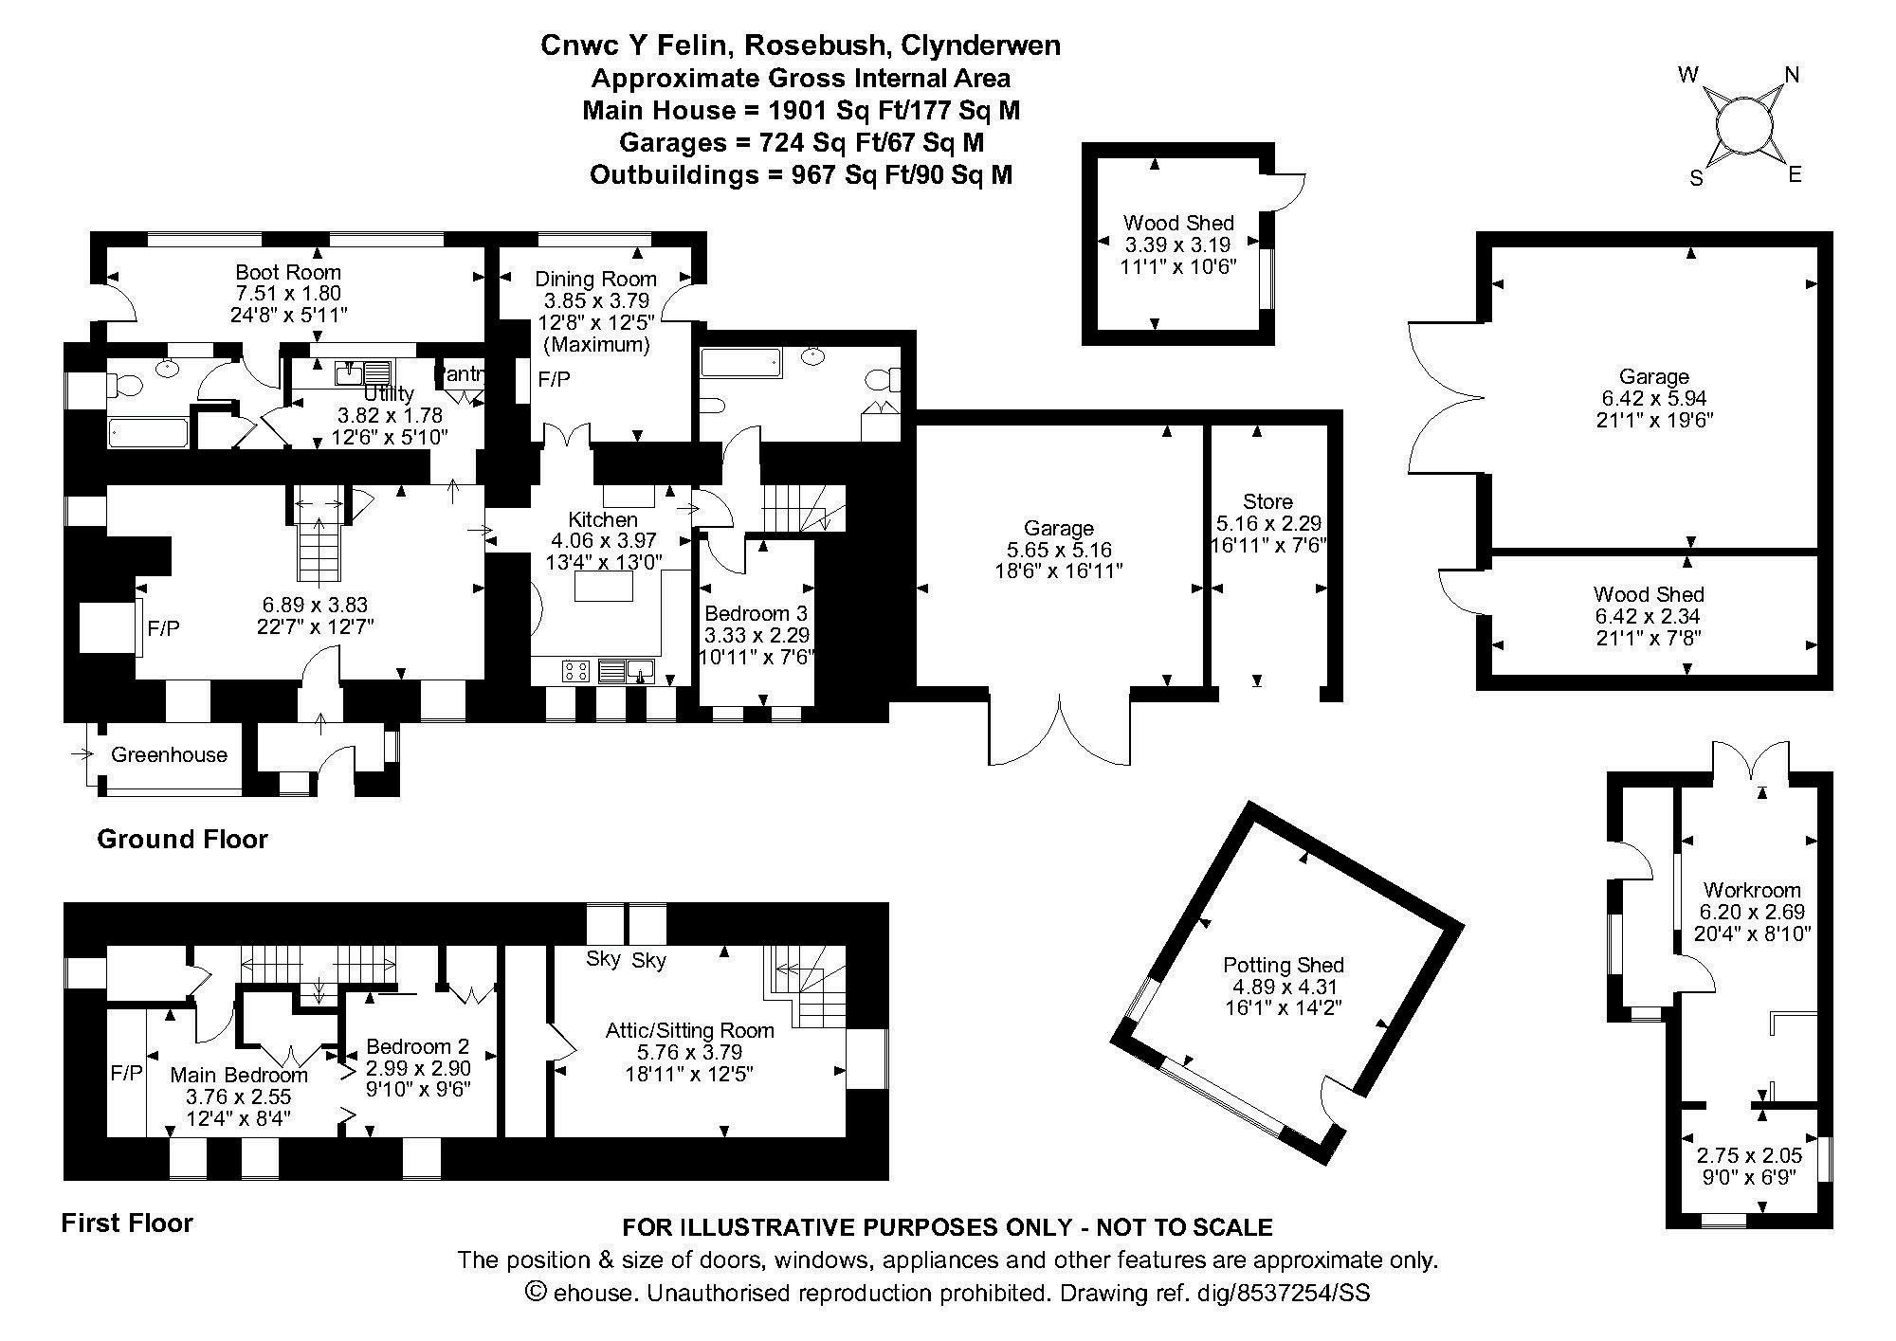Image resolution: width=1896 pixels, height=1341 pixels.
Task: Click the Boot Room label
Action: [287, 273]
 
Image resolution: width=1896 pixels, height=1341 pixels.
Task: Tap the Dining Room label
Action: [595, 279]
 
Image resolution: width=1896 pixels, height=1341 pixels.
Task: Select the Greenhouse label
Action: [170, 755]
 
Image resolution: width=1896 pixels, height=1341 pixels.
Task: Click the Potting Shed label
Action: [1283, 966]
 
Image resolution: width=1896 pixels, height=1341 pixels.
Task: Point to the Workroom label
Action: [1752, 890]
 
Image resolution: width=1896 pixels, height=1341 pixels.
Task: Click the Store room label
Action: [1267, 501]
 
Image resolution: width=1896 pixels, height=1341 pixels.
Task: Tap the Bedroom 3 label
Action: [756, 614]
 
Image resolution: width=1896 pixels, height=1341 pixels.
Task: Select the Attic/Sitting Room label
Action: [689, 1030]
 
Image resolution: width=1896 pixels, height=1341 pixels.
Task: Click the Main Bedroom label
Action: [239, 1075]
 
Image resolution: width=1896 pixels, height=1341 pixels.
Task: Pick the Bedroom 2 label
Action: [418, 1046]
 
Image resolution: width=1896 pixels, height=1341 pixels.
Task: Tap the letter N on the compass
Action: [1792, 75]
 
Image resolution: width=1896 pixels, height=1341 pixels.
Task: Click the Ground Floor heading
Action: [182, 839]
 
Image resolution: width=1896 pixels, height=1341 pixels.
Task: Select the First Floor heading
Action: [127, 1223]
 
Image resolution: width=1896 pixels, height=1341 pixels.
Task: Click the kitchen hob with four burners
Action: [575, 672]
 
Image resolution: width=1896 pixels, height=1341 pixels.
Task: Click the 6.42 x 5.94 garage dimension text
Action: [1654, 398]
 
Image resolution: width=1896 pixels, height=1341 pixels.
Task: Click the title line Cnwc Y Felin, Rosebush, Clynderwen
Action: [800, 45]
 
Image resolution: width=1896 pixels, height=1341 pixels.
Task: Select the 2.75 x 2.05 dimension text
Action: [1749, 1156]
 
